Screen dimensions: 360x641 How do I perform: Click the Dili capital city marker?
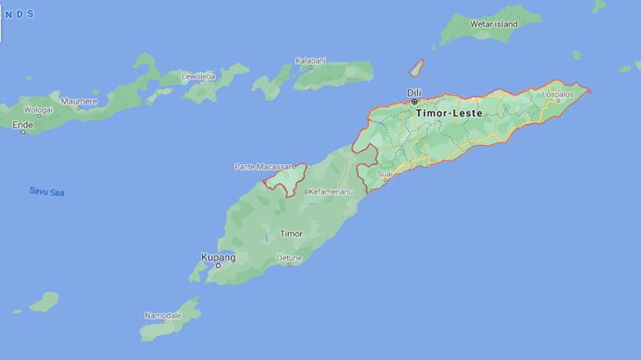pyautogui.click(x=414, y=102)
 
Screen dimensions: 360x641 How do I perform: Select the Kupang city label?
pyautogui.click(x=219, y=256)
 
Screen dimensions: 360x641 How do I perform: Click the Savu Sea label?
pyautogui.click(x=47, y=191)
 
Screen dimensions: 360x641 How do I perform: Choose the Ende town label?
pyautogui.click(x=22, y=125)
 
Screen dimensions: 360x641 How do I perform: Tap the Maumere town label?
pyautogui.click(x=79, y=101)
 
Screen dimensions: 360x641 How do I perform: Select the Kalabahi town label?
pyautogui.click(x=311, y=61)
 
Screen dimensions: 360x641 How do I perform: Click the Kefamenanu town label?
pyautogui.click(x=329, y=191)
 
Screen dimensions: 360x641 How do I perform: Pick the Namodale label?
pyautogui.click(x=163, y=315)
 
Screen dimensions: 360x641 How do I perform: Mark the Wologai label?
pyautogui.click(x=38, y=111)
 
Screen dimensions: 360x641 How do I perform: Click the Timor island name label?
pyautogui.click(x=291, y=234)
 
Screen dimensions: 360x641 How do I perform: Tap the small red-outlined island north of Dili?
pyautogui.click(x=417, y=68)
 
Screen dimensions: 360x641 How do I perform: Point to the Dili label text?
pyautogui.click(x=414, y=92)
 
